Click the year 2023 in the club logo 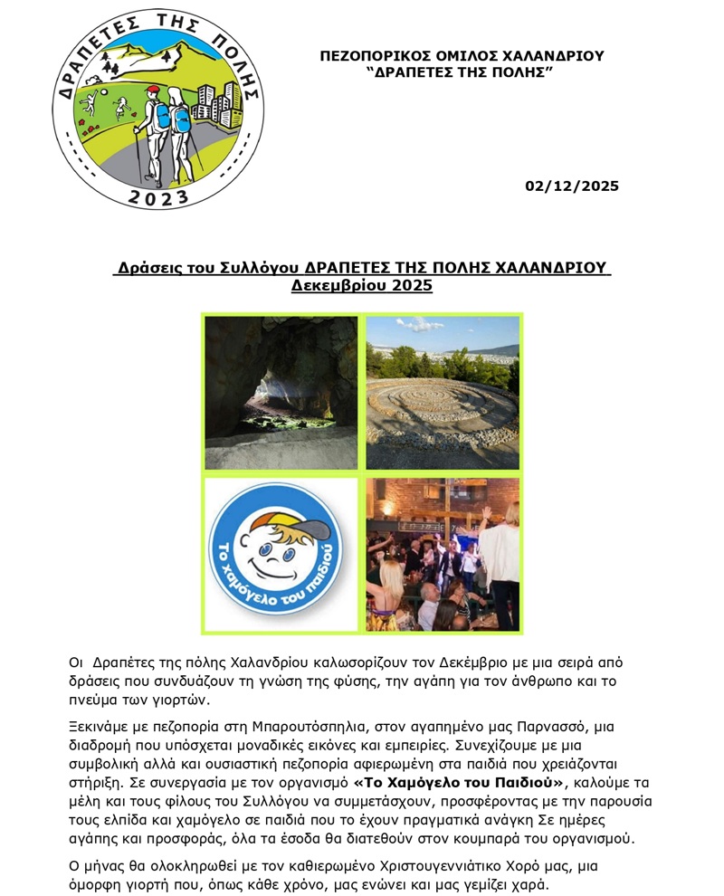(x=157, y=196)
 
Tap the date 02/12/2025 (x=572, y=186)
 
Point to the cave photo (x=281, y=392)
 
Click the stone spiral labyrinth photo (x=443, y=392)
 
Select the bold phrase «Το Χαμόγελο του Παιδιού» (x=460, y=782)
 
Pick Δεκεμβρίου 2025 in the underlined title (x=362, y=286)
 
